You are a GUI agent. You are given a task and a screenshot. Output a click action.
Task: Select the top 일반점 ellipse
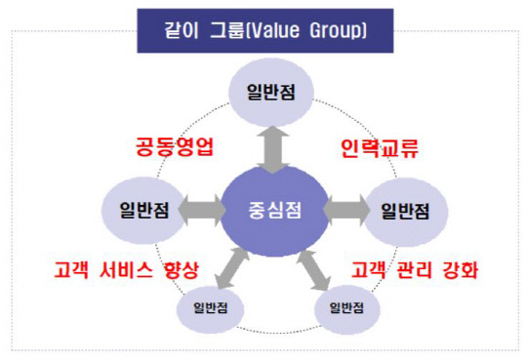265,91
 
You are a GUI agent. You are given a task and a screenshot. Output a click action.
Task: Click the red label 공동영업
174,148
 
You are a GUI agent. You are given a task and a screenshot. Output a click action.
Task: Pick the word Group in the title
338,29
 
